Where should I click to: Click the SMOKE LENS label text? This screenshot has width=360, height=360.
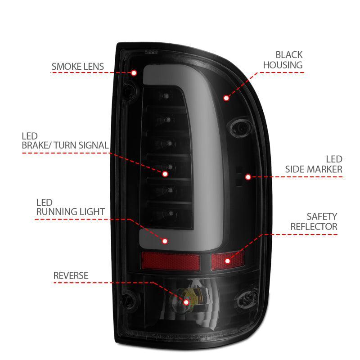pos(77,67)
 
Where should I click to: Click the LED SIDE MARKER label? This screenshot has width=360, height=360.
pos(314,164)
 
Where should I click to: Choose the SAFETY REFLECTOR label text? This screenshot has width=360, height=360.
pos(314,222)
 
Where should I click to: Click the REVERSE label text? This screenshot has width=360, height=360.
pos(71,275)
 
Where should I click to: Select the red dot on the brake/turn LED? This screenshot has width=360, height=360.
pos(165,173)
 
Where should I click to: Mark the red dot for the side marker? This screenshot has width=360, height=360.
pos(247,177)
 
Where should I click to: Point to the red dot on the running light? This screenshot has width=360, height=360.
pos(165,241)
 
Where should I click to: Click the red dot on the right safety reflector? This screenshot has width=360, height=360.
pos(227,260)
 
